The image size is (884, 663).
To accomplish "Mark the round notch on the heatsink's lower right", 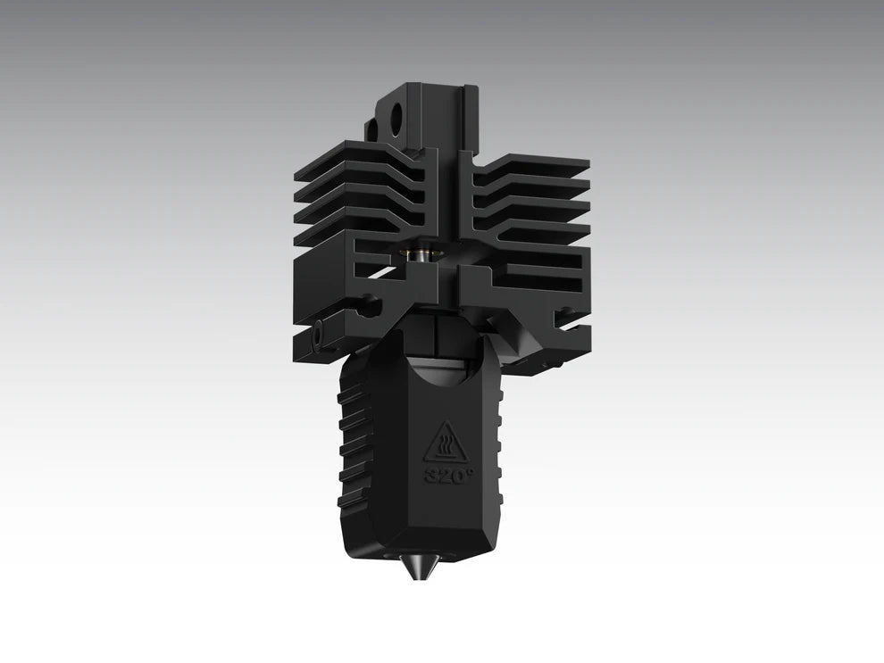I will (x=562, y=314).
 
